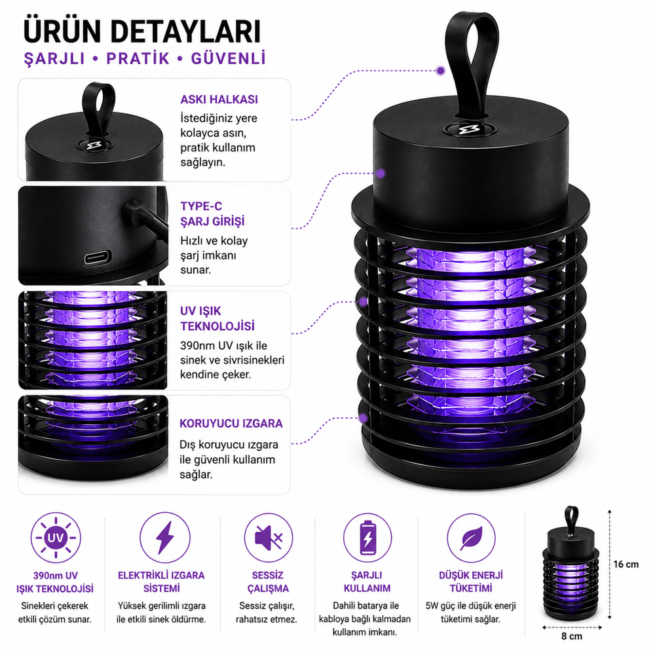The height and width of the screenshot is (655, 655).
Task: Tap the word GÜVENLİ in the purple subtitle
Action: pyautogui.click(x=229, y=58)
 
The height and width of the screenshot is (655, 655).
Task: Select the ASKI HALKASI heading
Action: pyautogui.click(x=219, y=100)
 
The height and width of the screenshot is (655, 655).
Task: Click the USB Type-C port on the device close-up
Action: pyautogui.click(x=98, y=257)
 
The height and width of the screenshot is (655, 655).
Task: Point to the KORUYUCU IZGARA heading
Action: pyautogui.click(x=231, y=423)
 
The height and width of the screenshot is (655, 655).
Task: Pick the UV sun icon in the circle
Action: pyautogui.click(x=56, y=538)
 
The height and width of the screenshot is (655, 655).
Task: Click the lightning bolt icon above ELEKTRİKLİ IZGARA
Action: pyautogui.click(x=164, y=538)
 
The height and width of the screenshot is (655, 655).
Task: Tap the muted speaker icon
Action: pyautogui.click(x=268, y=538)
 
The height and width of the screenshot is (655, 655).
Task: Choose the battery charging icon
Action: pyautogui.click(x=367, y=538)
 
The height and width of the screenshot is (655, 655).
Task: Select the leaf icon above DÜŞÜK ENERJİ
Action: pyautogui.click(x=471, y=538)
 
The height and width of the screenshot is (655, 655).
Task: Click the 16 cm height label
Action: pyautogui.click(x=626, y=565)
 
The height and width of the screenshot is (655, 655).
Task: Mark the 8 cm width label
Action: pyautogui.click(x=571, y=636)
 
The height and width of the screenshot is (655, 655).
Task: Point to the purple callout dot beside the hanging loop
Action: pyautogui.click(x=440, y=71)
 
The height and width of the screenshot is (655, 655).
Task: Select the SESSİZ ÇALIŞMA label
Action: pyautogui.click(x=268, y=582)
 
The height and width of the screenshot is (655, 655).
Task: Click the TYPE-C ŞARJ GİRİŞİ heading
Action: pyautogui.click(x=212, y=214)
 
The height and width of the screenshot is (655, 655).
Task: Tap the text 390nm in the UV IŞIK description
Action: pyautogui.click(x=197, y=346)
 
